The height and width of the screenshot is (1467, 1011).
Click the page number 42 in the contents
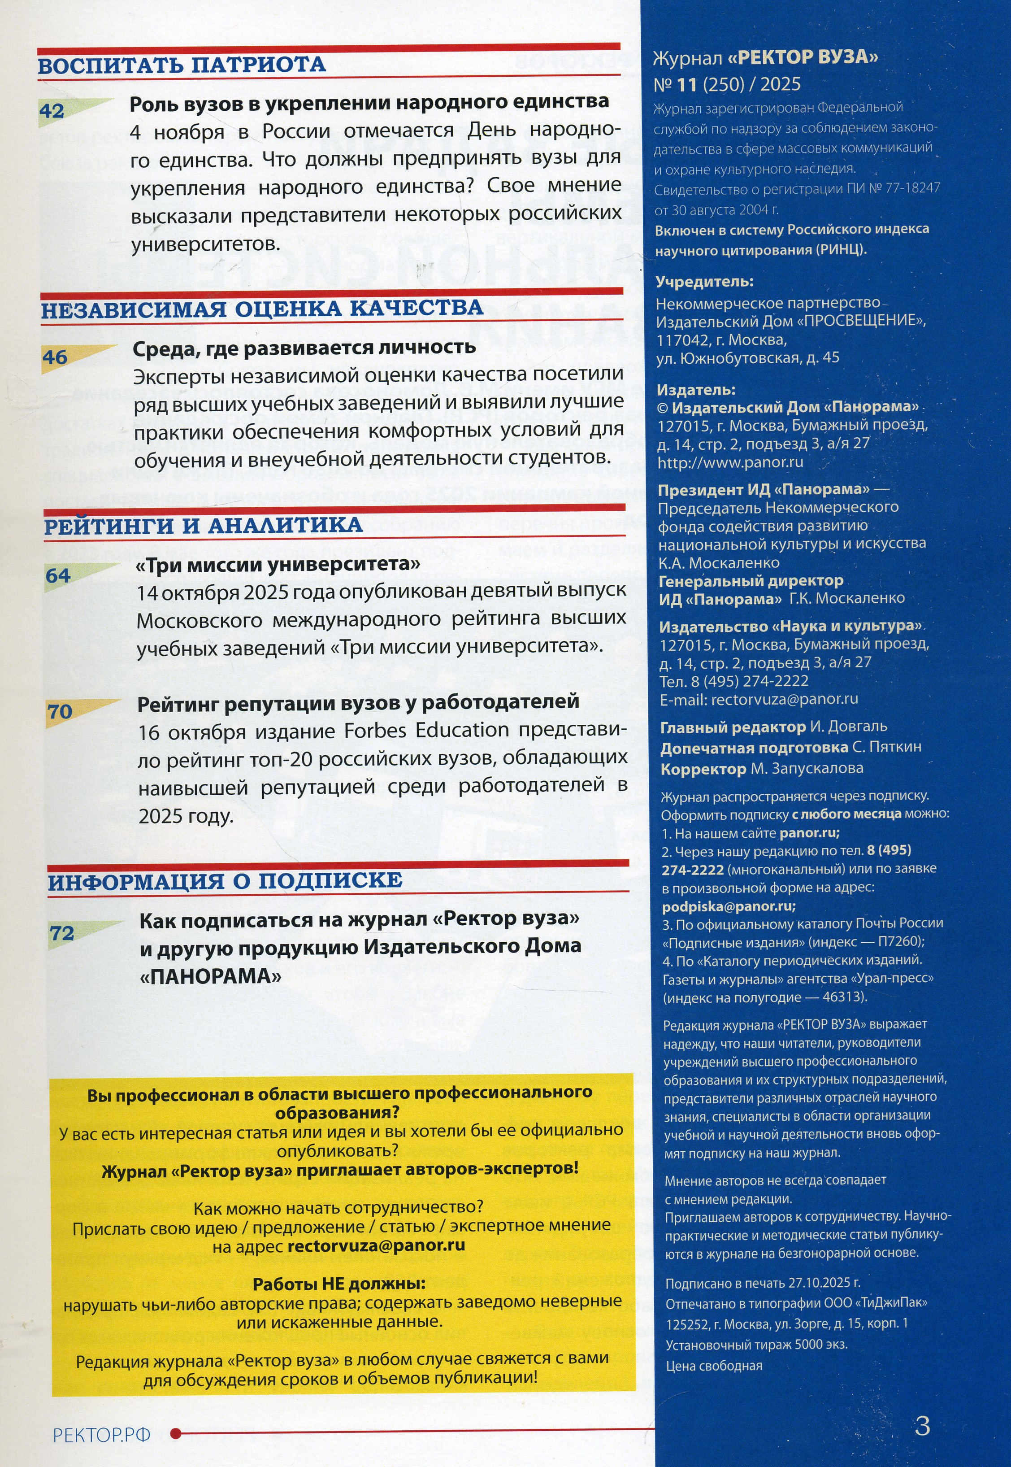click(52, 112)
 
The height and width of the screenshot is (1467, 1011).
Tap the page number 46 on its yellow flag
click(55, 357)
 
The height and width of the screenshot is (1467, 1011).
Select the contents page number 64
click(58, 576)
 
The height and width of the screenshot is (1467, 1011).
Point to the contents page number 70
click(60, 712)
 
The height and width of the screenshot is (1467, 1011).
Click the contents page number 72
click(62, 933)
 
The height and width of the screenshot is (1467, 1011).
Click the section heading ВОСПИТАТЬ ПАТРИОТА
click(182, 65)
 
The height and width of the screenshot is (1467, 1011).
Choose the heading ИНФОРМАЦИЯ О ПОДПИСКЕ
click(225, 881)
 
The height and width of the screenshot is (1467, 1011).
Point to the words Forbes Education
click(426, 730)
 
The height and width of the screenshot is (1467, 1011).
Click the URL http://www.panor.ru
click(730, 462)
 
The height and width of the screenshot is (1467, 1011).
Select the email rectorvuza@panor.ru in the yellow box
click(376, 1245)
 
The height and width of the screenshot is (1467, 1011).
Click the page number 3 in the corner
click(922, 1425)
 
